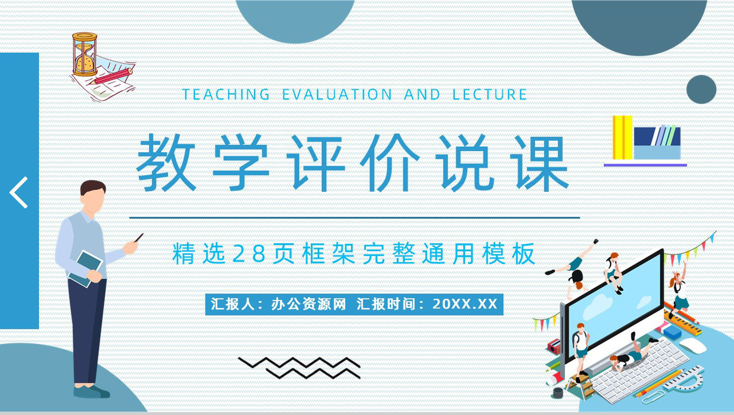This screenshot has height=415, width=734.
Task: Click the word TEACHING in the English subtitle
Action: pos(226,94)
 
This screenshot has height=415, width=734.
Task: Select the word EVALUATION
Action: pos(337,94)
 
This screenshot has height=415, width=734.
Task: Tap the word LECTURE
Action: pos(489,94)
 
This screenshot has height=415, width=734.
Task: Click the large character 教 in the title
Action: pos(167,162)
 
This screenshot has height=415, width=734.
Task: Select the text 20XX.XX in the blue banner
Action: pos(465,304)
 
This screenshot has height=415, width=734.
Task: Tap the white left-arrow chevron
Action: pos(19,193)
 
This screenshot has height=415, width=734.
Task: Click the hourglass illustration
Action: pos(85,54)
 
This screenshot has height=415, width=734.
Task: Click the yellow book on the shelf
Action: pos(623,137)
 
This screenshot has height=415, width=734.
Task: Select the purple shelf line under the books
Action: pos(645,165)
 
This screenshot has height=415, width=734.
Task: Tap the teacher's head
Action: pos(93,196)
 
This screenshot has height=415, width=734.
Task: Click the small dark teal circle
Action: pos(701,89)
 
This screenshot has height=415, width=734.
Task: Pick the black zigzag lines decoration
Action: pos(299,368)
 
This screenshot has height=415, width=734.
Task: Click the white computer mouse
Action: pos(693,345)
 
